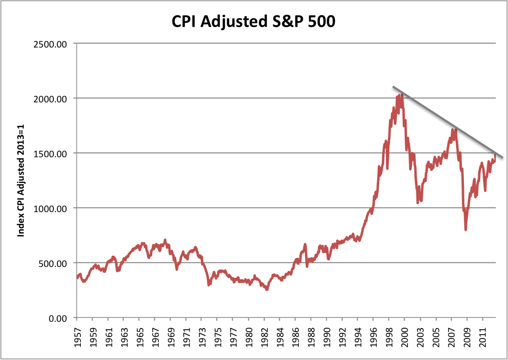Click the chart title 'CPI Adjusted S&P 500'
[253, 22]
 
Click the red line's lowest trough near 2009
[465, 229]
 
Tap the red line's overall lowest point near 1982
[267, 289]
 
